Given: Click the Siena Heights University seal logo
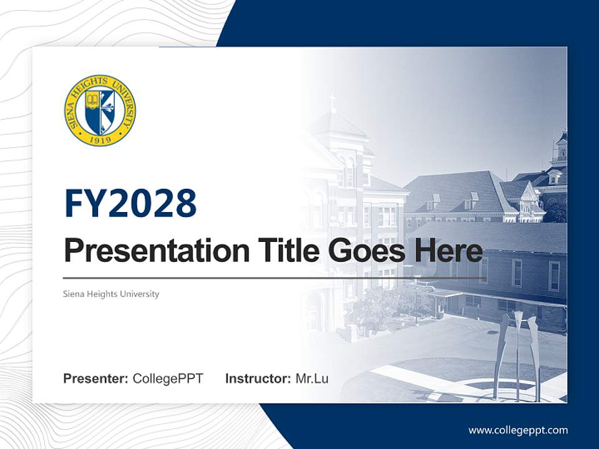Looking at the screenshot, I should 100,110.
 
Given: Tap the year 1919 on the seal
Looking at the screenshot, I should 100,139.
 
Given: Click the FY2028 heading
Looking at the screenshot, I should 130,203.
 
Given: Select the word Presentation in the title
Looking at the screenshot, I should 148,251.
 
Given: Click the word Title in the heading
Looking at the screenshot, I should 278,251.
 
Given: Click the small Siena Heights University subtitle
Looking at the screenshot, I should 111,294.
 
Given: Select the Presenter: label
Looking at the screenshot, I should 96,379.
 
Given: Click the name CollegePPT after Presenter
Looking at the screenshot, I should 168,379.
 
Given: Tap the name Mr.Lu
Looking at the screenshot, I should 312,379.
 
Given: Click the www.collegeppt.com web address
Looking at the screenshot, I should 518,430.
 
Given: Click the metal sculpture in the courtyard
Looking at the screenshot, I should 515,355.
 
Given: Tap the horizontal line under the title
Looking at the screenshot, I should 275,278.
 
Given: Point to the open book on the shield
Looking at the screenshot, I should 92,100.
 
